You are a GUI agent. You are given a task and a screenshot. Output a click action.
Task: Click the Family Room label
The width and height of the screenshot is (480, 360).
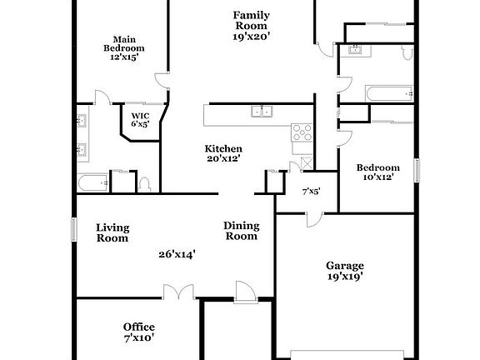(x=250, y=26)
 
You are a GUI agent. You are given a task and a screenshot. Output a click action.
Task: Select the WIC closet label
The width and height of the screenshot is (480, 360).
(x=139, y=119)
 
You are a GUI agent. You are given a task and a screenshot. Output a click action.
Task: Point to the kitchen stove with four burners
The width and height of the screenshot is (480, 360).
(x=301, y=132)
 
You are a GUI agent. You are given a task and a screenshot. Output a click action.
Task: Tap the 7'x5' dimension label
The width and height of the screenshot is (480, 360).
(x=311, y=191)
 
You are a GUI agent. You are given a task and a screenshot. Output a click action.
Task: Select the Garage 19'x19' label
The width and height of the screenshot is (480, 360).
(x=344, y=271)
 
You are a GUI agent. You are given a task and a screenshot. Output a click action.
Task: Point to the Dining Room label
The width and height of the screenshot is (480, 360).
(x=242, y=231)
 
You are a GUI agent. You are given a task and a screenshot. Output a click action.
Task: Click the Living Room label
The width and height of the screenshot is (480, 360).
(x=112, y=232)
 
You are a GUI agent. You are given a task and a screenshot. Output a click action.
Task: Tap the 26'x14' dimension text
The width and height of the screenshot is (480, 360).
(x=177, y=255)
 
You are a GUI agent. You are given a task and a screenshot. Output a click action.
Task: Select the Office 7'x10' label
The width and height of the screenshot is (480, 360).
(x=138, y=332)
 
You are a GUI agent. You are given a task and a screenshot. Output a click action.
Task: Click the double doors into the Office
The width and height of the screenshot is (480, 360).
(x=177, y=292)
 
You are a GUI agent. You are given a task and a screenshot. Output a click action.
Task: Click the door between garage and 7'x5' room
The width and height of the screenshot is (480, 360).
(x=311, y=218)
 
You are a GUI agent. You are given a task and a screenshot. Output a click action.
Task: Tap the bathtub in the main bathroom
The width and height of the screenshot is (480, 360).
(x=92, y=181)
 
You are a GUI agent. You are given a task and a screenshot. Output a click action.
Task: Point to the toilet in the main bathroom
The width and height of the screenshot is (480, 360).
(x=145, y=182)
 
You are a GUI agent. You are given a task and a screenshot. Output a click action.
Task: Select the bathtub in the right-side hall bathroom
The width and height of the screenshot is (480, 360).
(x=387, y=92)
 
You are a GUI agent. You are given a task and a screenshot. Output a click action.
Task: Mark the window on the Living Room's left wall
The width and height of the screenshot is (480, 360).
(x=73, y=230)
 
